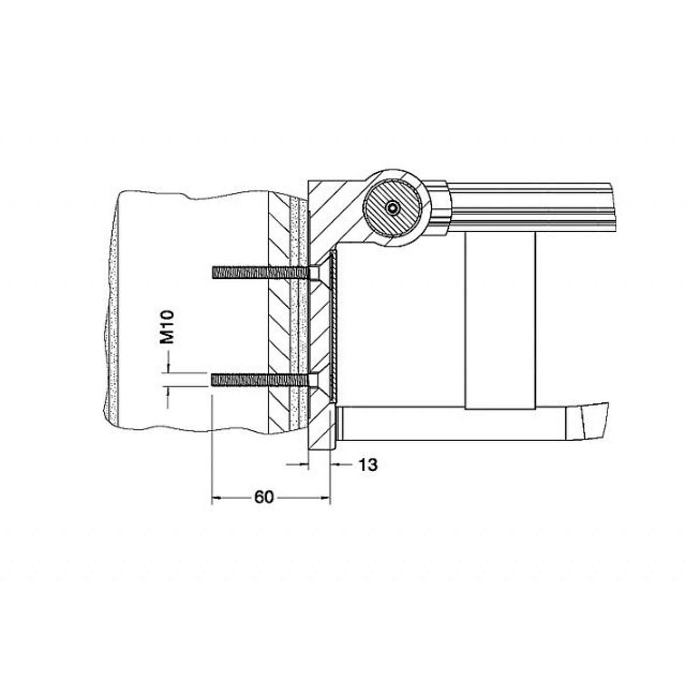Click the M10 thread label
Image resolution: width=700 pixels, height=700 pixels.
167,327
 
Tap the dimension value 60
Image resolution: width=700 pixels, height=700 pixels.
264,497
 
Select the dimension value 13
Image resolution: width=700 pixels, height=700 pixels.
368,465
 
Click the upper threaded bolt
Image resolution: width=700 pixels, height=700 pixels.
261,273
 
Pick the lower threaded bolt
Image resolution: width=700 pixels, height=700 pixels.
261,379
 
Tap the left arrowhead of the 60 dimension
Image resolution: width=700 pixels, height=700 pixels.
217,497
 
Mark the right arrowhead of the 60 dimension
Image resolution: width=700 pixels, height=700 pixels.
325,497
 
